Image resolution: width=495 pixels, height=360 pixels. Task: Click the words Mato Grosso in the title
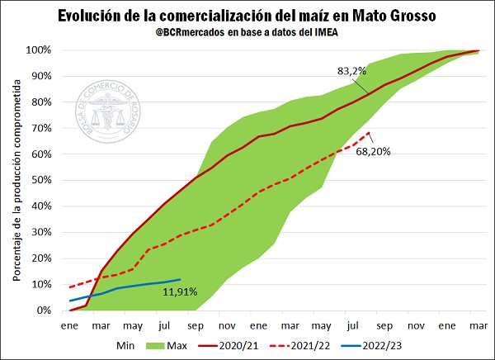[x=391, y=16]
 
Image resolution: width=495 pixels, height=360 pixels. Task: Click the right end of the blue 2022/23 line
[x=180, y=279]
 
